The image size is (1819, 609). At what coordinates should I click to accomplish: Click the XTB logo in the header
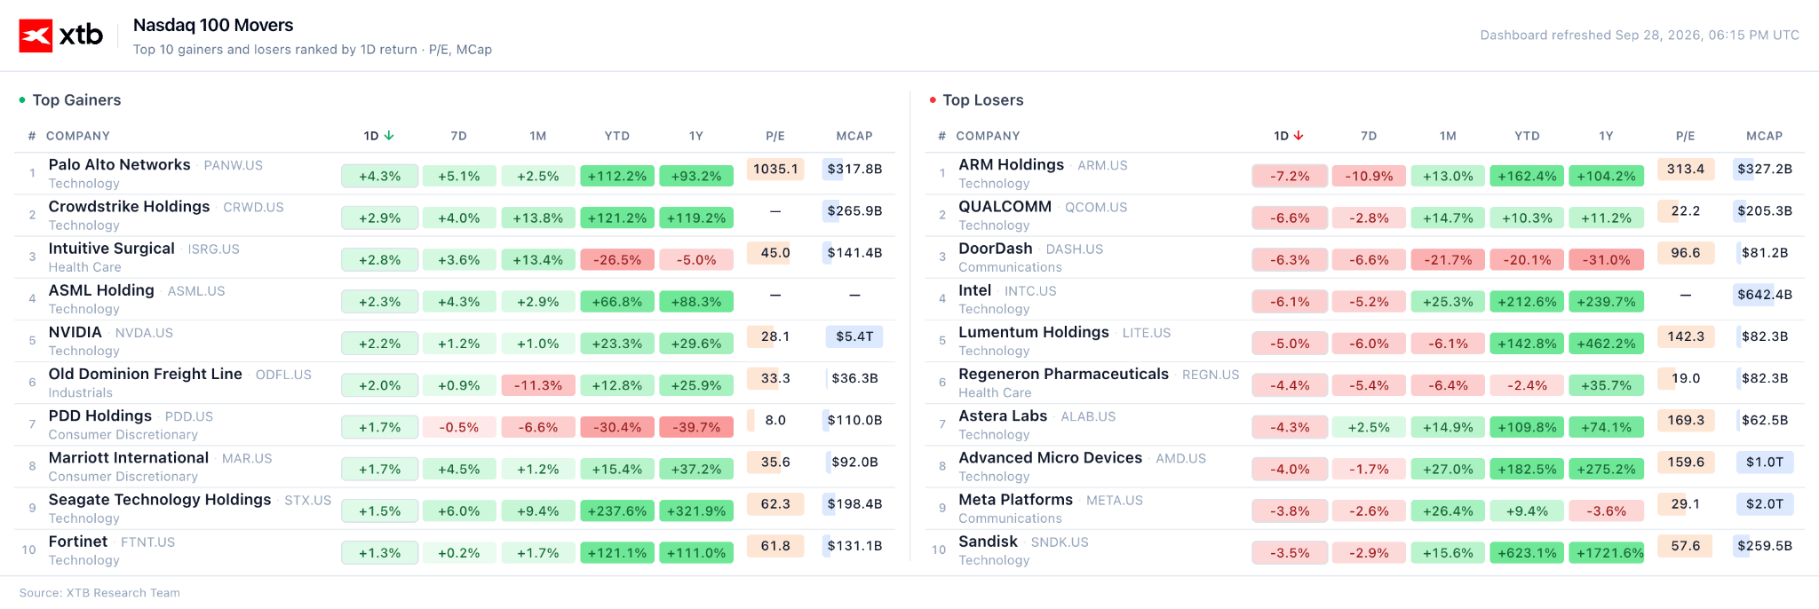[x=61, y=36]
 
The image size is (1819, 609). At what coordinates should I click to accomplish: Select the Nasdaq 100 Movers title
[x=213, y=25]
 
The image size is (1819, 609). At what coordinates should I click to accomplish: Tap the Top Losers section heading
[x=983, y=100]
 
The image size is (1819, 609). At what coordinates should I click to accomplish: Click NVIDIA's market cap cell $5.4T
[x=854, y=336]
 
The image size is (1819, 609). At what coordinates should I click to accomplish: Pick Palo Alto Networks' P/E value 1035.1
[x=775, y=169]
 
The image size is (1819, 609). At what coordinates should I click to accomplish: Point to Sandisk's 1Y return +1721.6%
[x=1606, y=552]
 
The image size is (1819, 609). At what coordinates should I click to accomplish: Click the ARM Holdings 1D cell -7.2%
[x=1290, y=176]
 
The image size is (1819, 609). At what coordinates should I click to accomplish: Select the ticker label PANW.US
[x=233, y=165]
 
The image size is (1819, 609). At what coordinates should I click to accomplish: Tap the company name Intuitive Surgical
[x=111, y=249]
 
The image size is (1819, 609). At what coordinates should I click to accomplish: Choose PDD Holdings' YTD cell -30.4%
[x=617, y=427]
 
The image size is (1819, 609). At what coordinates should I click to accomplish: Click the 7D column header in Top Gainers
[x=458, y=136]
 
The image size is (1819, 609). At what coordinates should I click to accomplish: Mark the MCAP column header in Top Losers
[x=1764, y=136]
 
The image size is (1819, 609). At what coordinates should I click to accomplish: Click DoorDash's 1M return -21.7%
[x=1448, y=259]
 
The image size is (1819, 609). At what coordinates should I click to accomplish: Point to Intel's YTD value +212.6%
[x=1527, y=301]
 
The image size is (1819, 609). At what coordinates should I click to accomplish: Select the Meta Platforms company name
[x=1015, y=500]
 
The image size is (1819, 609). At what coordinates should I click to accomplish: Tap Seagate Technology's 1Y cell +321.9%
[x=696, y=510]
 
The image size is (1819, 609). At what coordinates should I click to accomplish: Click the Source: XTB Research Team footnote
[x=99, y=593]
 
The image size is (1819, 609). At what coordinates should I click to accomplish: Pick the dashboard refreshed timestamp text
[x=1640, y=36]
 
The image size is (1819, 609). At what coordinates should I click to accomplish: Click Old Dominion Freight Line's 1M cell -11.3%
[x=538, y=385]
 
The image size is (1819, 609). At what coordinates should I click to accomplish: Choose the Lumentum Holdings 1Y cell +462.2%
[x=1606, y=344]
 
